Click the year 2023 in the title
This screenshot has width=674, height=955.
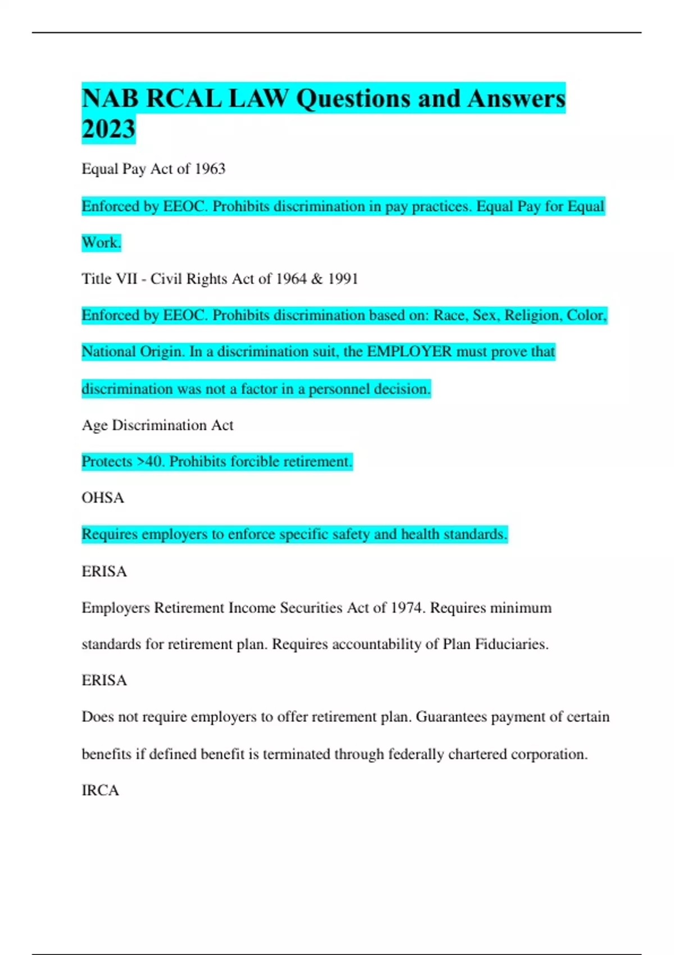pos(108,129)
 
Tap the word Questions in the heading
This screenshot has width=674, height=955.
pos(352,99)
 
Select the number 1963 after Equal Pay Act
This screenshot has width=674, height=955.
pos(210,169)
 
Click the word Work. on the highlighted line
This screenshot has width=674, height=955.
pos(101,243)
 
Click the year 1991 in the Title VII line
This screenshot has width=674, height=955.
pos(343,279)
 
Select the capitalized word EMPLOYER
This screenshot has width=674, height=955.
pos(409,352)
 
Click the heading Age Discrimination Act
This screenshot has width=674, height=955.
pos(157,425)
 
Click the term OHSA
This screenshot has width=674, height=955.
pos(103,498)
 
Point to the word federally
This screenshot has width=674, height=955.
pos(389,754)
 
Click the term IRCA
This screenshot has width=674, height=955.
pos(100,790)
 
